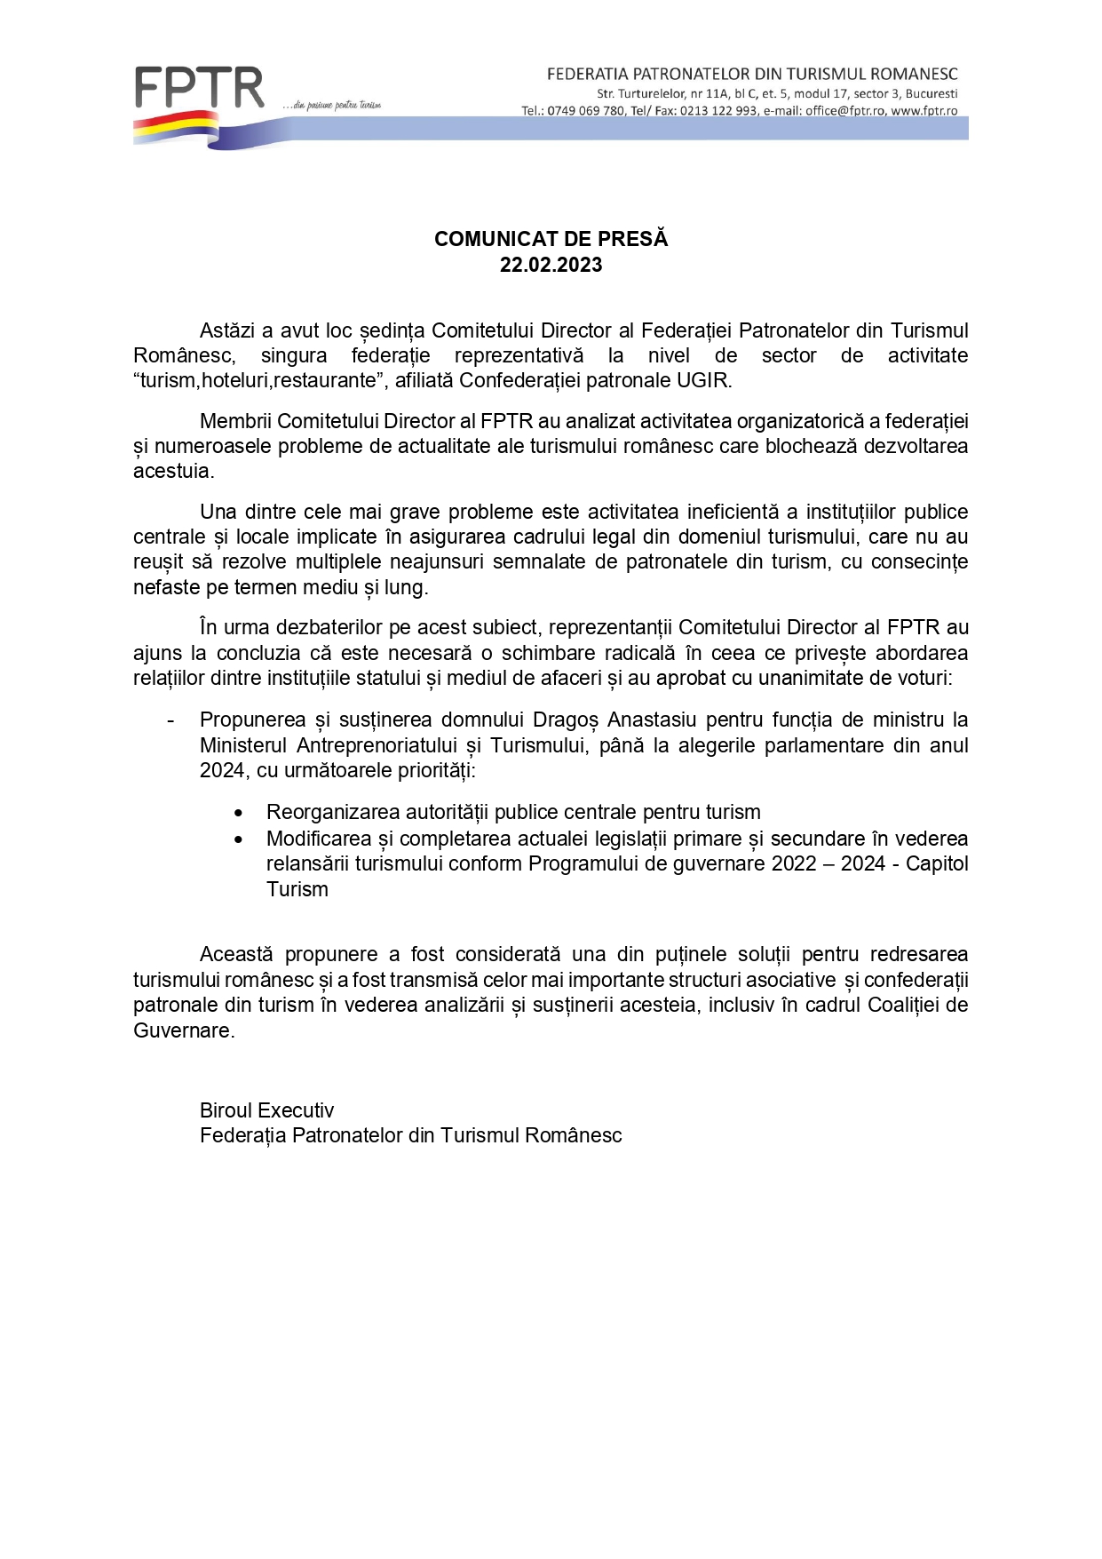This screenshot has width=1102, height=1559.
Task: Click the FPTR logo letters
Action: (200, 89)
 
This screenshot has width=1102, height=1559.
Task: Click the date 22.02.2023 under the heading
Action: (551, 265)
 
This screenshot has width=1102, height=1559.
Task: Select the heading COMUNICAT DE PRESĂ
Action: (551, 239)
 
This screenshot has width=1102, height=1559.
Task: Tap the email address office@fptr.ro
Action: (845, 111)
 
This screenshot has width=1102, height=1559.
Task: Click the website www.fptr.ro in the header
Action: (924, 111)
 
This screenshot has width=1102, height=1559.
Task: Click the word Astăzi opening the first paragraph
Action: (227, 330)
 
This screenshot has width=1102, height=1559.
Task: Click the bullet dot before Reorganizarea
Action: (238, 813)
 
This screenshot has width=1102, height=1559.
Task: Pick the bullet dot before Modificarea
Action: (238, 839)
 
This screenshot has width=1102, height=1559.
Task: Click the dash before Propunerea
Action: (170, 720)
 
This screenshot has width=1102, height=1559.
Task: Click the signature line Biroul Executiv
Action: (266, 1110)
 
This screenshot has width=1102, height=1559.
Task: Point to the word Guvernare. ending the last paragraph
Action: (184, 1030)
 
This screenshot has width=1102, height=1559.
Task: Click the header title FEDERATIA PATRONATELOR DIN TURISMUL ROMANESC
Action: (752, 74)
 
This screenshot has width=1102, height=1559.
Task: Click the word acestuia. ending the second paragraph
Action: (173, 471)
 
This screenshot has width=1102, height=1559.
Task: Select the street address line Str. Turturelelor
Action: (777, 93)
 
